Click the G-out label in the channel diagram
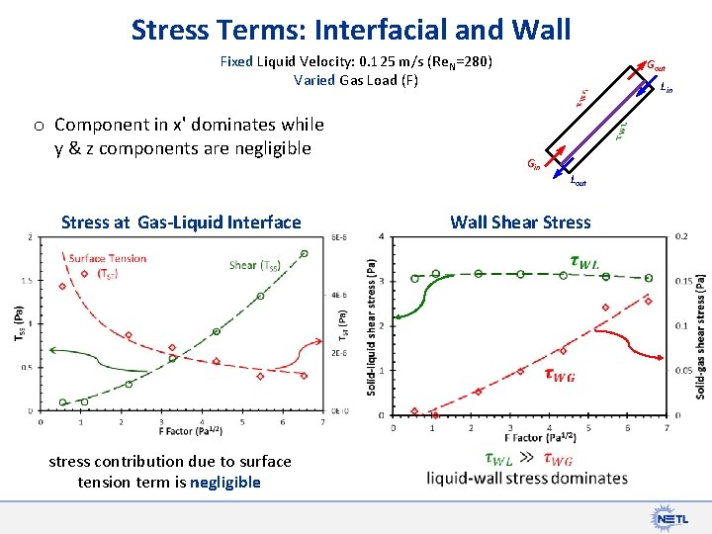[656, 66]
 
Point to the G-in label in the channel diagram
[533, 165]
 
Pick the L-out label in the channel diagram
[578, 181]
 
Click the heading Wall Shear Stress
[520, 222]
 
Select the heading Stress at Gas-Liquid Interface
[181, 222]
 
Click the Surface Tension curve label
[108, 266]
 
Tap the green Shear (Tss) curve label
[254, 265]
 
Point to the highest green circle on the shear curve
[304, 253]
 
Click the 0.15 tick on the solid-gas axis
[682, 281]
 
